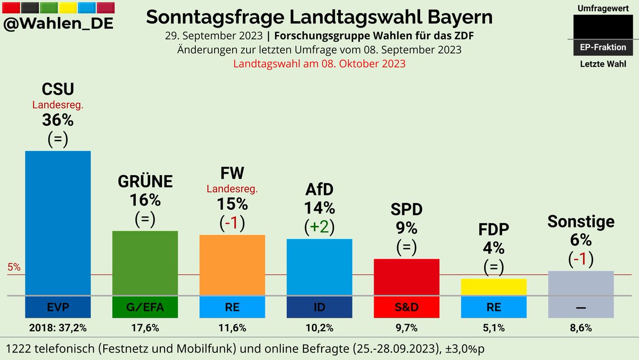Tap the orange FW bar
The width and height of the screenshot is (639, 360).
click(x=232, y=265)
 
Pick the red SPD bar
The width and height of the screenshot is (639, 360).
click(x=407, y=277)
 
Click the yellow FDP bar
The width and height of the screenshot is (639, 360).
click(x=494, y=287)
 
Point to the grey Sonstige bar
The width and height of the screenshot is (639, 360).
click(x=581, y=283)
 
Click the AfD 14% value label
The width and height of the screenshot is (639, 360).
click(x=319, y=208)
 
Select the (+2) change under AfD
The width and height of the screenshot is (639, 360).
click(x=319, y=227)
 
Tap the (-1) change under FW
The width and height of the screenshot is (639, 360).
click(x=232, y=223)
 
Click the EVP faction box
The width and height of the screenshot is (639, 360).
click(x=58, y=307)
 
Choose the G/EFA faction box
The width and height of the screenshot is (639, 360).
click(x=145, y=307)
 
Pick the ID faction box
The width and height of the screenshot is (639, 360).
click(x=319, y=307)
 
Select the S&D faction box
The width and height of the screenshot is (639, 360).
click(x=407, y=307)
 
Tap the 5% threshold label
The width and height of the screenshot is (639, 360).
click(x=14, y=268)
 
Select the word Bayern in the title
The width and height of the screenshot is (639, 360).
click(x=456, y=17)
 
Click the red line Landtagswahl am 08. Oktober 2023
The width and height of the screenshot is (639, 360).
click(x=319, y=63)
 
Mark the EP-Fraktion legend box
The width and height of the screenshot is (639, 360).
click(x=603, y=47)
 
